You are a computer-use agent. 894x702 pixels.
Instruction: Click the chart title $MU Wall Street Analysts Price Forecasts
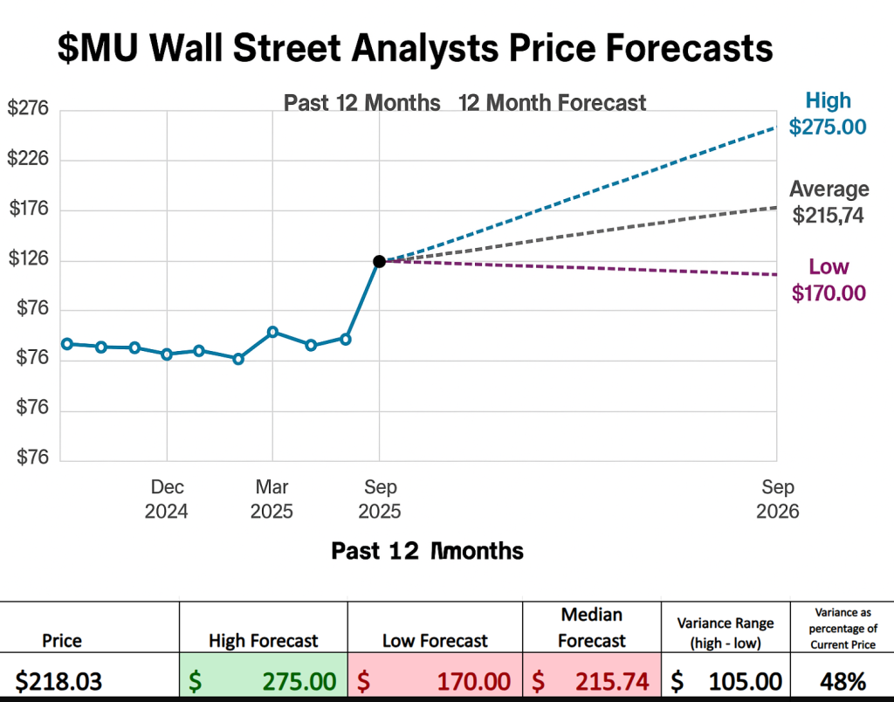[416, 47]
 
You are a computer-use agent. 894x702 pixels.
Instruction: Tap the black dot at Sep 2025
[379, 261]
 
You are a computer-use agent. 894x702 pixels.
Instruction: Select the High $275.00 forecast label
[828, 114]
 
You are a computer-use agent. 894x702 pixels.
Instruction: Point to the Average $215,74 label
[829, 202]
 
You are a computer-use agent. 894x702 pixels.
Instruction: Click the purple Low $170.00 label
[829, 279]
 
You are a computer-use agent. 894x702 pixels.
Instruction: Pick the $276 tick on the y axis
[29, 109]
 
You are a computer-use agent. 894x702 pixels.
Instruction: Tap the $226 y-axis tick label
[29, 159]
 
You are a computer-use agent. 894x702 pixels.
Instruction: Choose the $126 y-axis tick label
[29, 259]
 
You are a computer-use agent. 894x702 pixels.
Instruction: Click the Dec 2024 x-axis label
[167, 499]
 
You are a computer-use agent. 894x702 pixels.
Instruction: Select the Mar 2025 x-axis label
[272, 499]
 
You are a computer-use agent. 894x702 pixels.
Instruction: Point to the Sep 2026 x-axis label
[778, 499]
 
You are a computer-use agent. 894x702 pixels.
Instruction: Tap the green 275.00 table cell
[263, 680]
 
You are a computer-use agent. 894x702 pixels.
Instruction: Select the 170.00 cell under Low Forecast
[435, 680]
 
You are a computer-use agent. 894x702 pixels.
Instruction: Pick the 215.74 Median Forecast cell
[592, 680]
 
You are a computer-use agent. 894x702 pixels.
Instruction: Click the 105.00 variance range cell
[726, 680]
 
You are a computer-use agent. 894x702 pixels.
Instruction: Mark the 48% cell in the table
[842, 680]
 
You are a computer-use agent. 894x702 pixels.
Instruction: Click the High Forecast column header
[263, 641]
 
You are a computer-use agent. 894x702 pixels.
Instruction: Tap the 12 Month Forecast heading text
[552, 103]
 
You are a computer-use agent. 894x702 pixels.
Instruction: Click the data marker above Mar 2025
[272, 332]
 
